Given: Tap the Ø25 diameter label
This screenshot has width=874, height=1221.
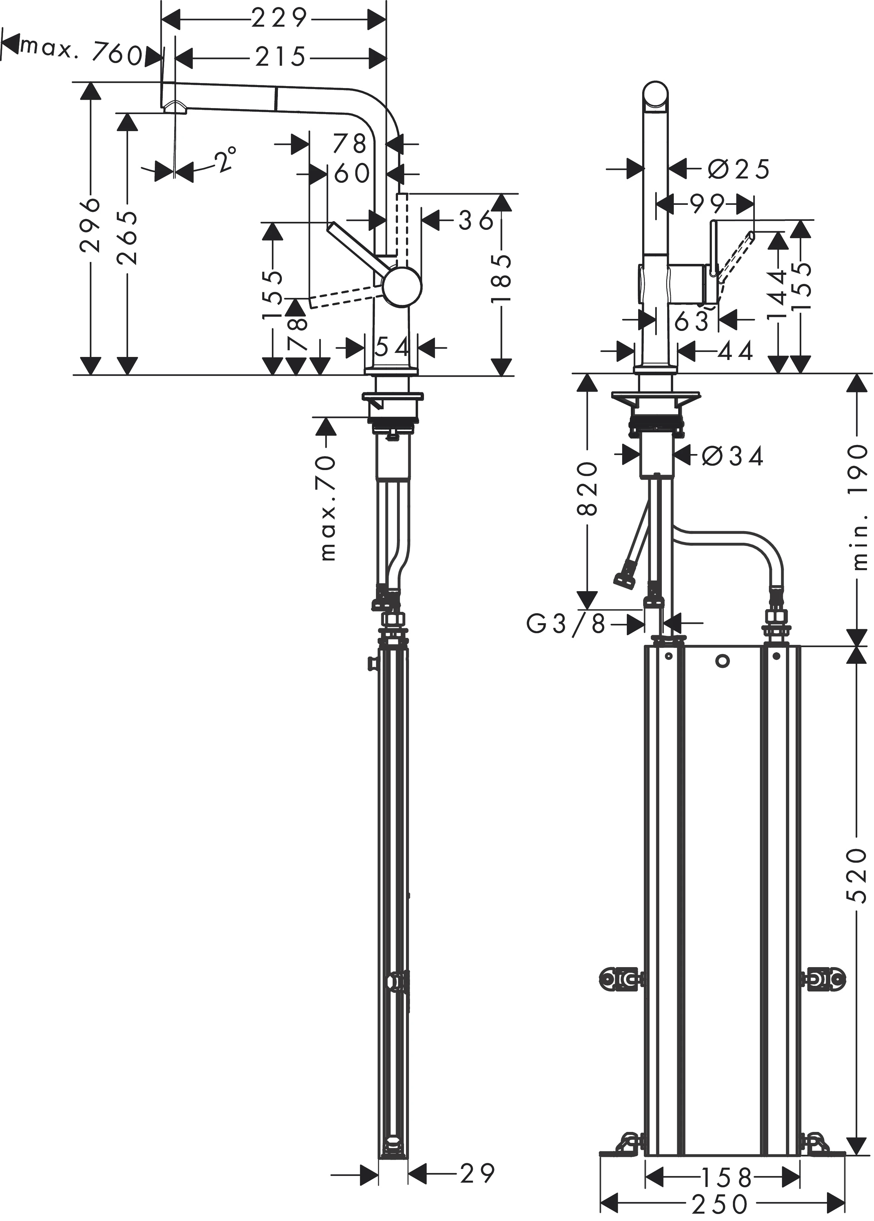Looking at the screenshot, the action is pos(738,169).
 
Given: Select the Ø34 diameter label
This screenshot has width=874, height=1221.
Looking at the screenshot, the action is pos(733,457).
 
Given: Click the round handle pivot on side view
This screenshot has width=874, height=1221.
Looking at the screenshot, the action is pos(403,287).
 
